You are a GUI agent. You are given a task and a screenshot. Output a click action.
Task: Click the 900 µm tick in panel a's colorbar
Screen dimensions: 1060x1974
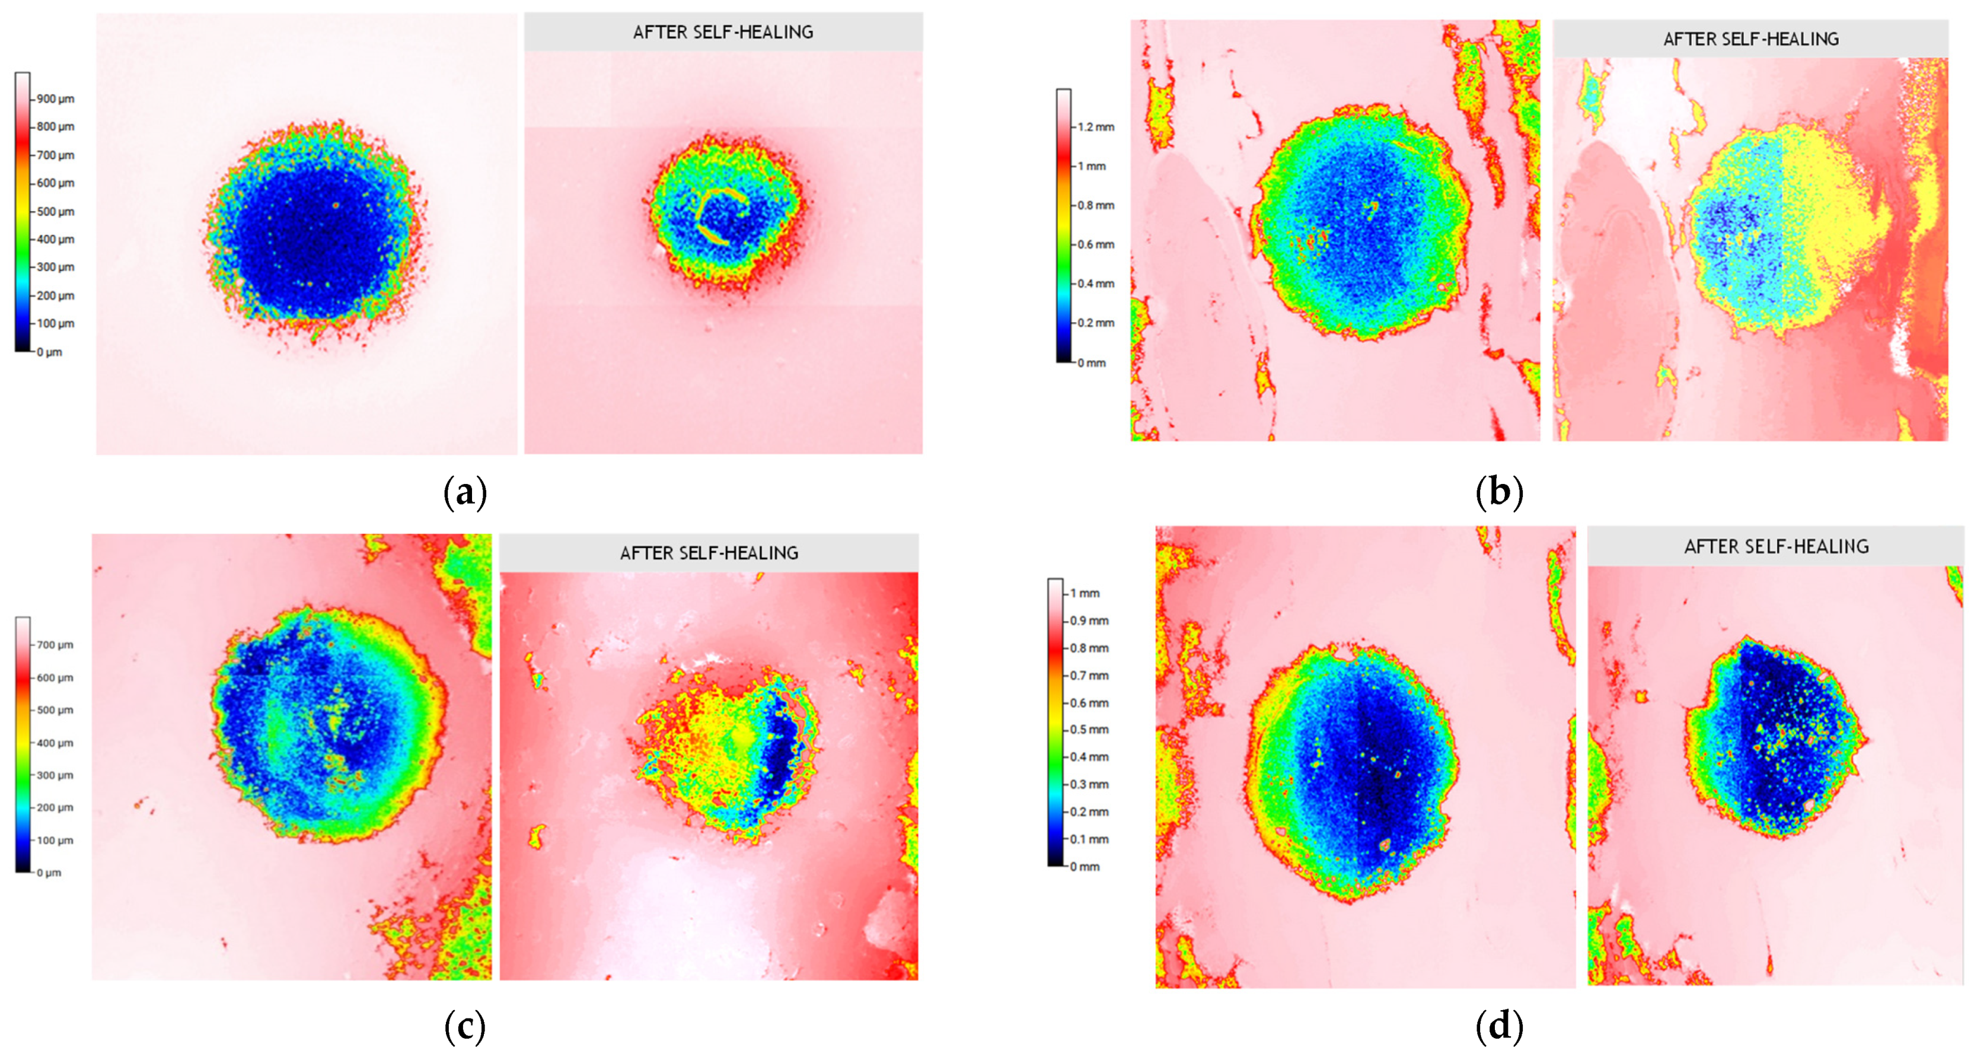(55, 99)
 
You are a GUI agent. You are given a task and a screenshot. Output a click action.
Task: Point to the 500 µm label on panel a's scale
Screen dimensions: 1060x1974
(55, 212)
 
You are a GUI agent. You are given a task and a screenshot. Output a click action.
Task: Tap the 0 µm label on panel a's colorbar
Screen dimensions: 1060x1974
(50, 352)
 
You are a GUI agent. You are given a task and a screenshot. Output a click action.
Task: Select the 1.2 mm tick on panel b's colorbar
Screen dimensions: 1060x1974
(1096, 127)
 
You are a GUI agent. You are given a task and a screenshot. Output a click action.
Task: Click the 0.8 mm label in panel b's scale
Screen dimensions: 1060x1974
(1096, 205)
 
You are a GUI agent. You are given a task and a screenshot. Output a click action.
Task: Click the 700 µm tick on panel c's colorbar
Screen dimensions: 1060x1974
(55, 645)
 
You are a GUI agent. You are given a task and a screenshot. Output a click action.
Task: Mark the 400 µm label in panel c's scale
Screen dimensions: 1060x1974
(55, 743)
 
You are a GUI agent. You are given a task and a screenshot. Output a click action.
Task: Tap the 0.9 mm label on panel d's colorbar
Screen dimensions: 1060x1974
(1089, 621)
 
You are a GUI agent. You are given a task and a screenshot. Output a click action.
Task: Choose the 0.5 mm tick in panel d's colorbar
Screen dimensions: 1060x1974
(1089, 730)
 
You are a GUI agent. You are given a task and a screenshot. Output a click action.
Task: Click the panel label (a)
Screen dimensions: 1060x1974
(465, 493)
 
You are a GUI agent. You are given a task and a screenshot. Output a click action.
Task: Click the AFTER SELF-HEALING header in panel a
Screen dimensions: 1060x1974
(723, 32)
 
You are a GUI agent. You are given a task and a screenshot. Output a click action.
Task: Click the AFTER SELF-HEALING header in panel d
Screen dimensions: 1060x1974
(1775, 546)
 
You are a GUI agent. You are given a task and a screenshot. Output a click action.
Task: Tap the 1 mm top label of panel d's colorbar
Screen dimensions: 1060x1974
(1085, 593)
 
